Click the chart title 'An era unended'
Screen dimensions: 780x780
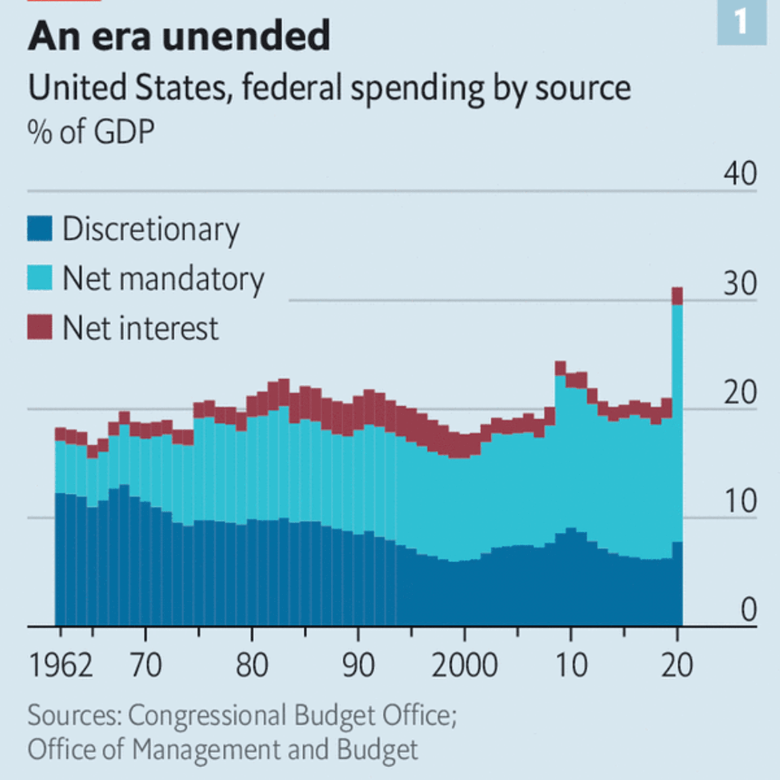click(x=179, y=36)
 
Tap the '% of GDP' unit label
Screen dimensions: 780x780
click(x=91, y=132)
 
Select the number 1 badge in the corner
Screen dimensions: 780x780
click(x=741, y=22)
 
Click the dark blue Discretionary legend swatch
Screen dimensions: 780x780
click(x=39, y=229)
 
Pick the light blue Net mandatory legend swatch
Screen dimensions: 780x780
click(x=39, y=278)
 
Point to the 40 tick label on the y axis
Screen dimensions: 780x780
click(x=740, y=174)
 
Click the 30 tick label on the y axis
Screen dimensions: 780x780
click(x=740, y=283)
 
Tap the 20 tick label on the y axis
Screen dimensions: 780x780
click(x=740, y=393)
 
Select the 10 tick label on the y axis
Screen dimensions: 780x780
click(x=740, y=502)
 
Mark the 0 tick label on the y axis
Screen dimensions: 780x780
click(x=748, y=610)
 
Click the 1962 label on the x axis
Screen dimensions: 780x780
click(x=61, y=665)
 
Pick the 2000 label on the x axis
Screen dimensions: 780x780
click(x=464, y=665)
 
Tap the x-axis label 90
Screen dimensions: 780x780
click(x=358, y=665)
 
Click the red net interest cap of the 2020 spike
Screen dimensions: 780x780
click(x=677, y=296)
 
